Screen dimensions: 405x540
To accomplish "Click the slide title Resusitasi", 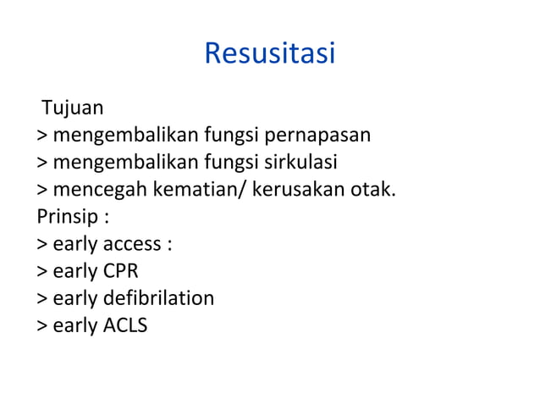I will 270,54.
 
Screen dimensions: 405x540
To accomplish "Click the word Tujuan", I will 74,108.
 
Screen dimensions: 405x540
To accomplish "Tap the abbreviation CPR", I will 120,271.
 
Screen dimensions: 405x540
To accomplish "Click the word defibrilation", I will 158,298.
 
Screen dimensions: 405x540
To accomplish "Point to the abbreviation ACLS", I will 124,325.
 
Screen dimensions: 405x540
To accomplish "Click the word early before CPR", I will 74,271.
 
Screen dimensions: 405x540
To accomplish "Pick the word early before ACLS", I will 74,325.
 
